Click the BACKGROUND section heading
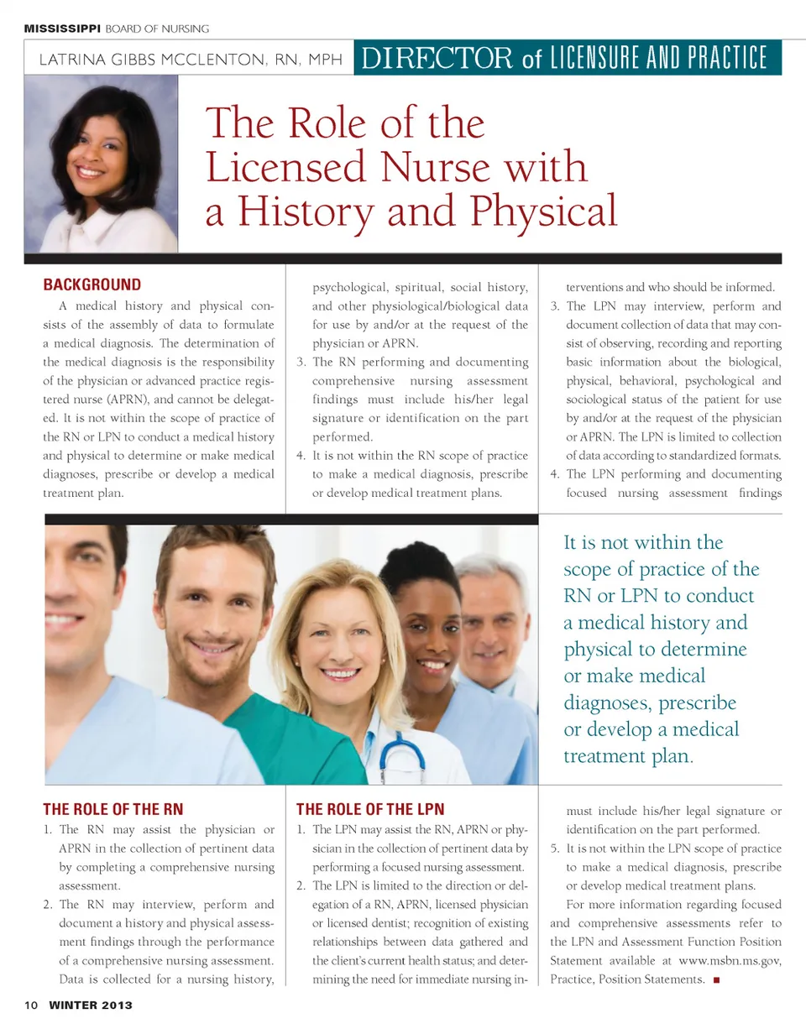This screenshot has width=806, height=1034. pyautogui.click(x=92, y=285)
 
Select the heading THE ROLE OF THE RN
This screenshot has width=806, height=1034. pyautogui.click(x=113, y=810)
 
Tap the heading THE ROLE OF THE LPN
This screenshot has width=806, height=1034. pyautogui.click(x=370, y=810)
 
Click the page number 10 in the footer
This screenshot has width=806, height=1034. pyautogui.click(x=31, y=1005)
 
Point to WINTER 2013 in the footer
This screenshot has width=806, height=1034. pyautogui.click(x=90, y=1005)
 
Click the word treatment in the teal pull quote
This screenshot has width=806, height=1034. pyautogui.click(x=603, y=755)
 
